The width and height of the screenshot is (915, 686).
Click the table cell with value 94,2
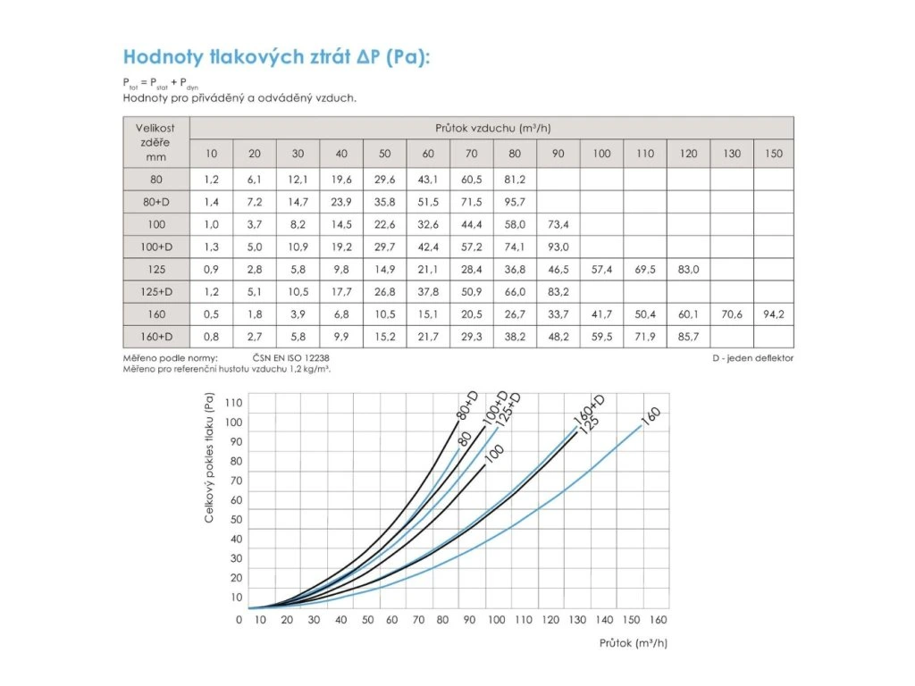pos(774,314)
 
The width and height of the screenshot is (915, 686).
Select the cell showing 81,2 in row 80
pos(516,179)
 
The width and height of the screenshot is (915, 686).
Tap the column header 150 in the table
pos(774,153)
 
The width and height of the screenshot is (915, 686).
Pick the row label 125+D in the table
pos(156,292)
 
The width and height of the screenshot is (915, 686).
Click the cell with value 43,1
pos(428,179)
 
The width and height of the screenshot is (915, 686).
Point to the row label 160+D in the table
pos(156,337)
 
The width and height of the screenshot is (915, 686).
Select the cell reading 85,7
pos(689,337)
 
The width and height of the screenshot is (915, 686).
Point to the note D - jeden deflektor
pos(752,358)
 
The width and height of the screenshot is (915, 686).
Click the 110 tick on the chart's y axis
pos(235,403)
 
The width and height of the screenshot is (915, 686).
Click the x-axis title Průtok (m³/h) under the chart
pos(634,641)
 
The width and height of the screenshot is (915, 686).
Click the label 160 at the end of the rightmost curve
pos(651,417)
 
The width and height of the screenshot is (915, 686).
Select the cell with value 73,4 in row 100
pos(558,224)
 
